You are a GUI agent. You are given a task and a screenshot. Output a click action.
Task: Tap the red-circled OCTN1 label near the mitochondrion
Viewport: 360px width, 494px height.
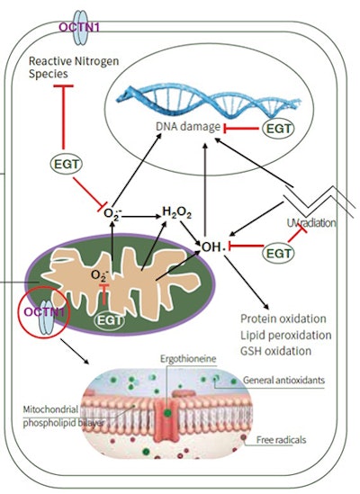(x=36, y=312)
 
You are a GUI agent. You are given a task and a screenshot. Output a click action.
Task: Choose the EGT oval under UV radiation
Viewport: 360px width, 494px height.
(x=278, y=255)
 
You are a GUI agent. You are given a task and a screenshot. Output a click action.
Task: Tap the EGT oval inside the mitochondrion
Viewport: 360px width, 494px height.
(x=109, y=319)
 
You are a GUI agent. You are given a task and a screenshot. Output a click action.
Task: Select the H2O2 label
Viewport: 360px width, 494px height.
(x=178, y=211)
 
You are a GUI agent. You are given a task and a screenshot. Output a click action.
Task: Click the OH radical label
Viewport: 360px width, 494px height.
(x=213, y=245)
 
